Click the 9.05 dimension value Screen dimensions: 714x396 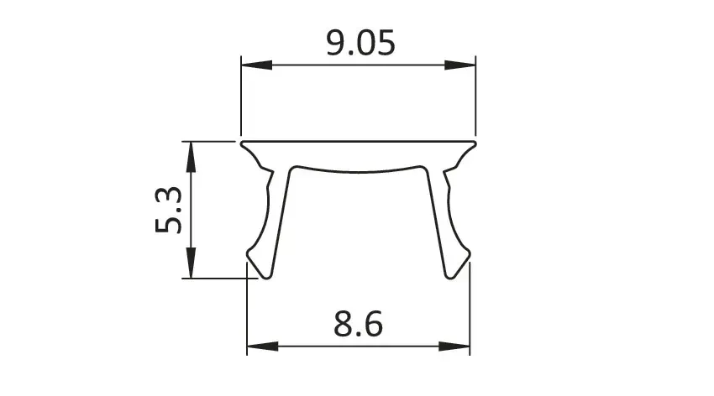pos(360,43)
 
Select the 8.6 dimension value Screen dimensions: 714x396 pos(359,324)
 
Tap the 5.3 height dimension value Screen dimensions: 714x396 pos(169,210)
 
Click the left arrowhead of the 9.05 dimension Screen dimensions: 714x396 pos(256,65)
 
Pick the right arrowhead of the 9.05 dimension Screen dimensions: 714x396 pos(460,65)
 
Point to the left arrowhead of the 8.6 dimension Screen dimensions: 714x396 pos(262,346)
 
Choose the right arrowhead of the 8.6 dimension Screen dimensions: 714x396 pos(454,346)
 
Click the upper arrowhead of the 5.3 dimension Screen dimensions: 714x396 pos(191,157)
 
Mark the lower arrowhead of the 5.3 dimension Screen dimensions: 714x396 pos(191,263)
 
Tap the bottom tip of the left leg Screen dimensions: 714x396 pos(266,278)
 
